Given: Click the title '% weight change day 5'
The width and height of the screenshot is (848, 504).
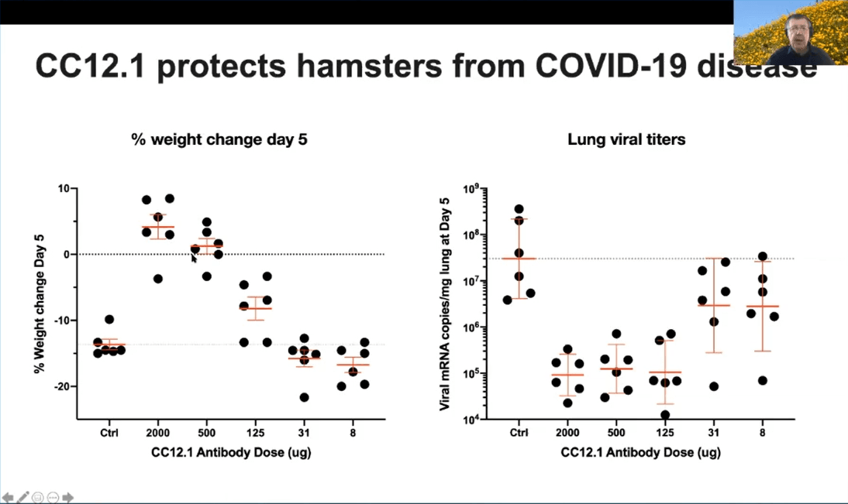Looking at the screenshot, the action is (219, 139).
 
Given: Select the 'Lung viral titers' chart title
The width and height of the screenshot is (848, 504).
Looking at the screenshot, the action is (626, 139).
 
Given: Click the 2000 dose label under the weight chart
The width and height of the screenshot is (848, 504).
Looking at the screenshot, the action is (157, 433).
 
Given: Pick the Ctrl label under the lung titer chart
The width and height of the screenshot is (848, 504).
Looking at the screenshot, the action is (519, 433).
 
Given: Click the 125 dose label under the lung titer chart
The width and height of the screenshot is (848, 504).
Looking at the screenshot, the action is (664, 433).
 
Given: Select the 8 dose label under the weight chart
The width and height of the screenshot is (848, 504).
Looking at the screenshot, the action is (353, 433).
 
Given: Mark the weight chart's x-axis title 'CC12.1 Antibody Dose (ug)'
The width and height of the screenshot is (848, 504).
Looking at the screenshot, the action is (231, 452).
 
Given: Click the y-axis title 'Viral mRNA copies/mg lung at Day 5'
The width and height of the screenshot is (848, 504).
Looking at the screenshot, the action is (445, 303).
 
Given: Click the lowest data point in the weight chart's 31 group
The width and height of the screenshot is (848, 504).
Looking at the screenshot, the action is (304, 398).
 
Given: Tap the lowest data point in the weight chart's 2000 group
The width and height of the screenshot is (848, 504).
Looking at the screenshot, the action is (158, 279).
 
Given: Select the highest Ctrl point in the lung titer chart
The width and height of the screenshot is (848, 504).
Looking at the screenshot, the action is (519, 209).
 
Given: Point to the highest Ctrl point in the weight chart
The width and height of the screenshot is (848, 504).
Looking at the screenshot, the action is (109, 320).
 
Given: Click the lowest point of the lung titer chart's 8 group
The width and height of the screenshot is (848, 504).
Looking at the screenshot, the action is (763, 381).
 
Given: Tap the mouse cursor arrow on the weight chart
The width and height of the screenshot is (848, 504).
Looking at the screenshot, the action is (194, 258).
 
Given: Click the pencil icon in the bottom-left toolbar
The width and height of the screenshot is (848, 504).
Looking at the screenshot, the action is (22, 497).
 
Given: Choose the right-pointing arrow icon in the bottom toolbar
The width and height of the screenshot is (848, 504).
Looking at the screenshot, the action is (67, 497).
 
